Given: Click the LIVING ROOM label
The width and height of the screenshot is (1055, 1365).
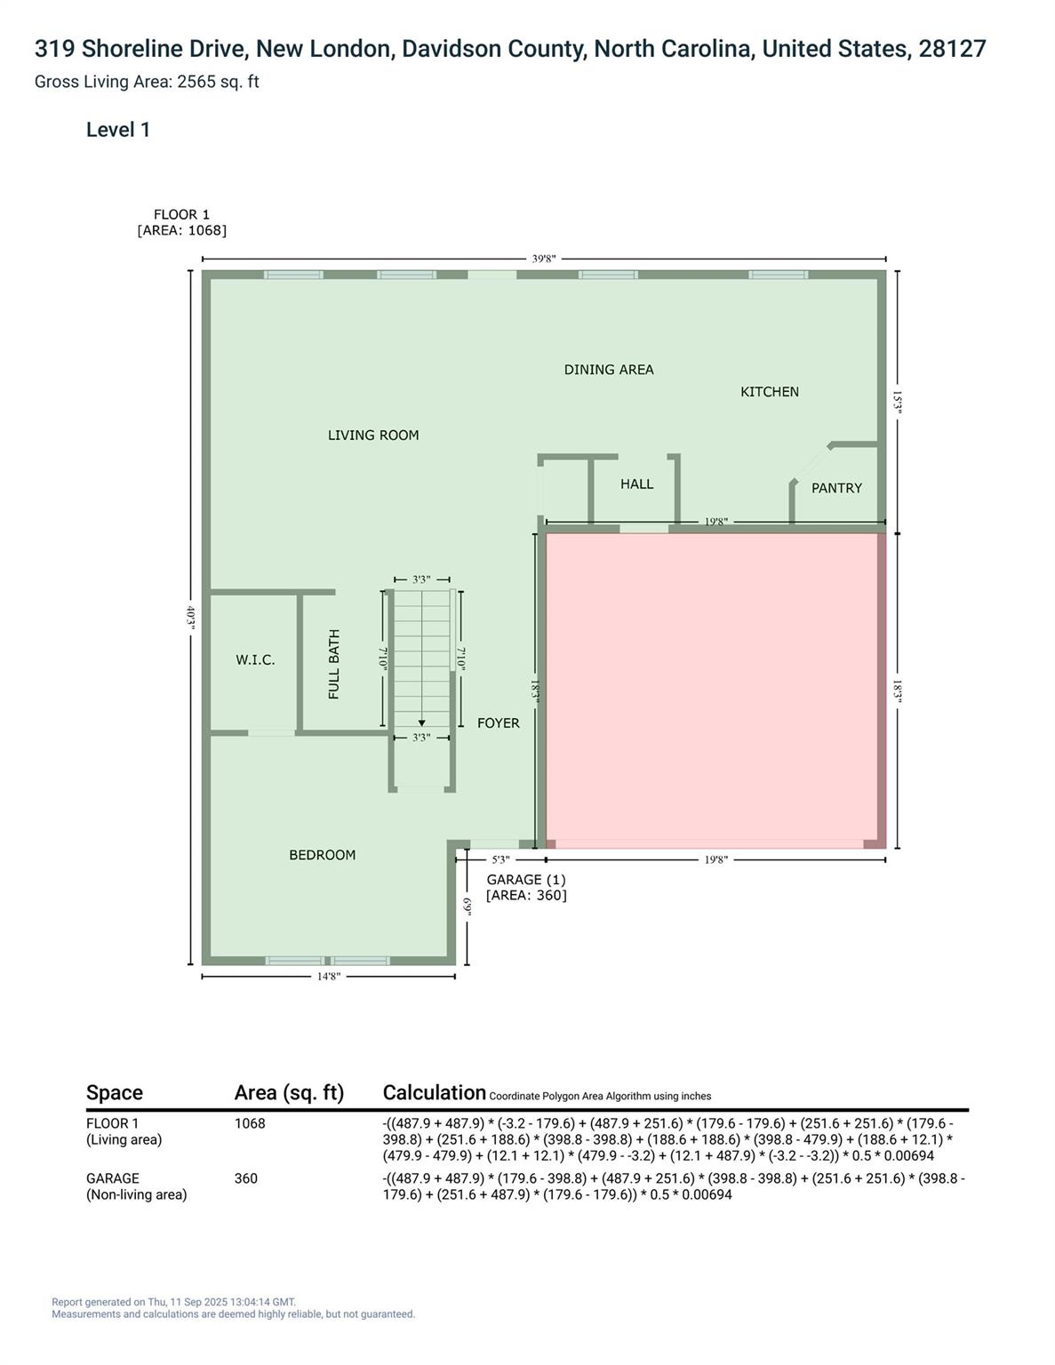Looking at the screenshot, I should coord(373,435).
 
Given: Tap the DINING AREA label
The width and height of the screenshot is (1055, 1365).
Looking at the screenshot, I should coord(609,370).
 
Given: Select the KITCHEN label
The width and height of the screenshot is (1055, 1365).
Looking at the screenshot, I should coord(770,392).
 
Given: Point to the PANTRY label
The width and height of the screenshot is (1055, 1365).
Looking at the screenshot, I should coord(836,488).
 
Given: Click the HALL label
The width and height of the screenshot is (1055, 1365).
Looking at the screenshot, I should coord(636,484).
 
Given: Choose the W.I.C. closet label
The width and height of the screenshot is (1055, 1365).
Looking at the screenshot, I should coord(255,660).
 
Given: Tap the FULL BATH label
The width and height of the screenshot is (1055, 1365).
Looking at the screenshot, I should coord(334,665).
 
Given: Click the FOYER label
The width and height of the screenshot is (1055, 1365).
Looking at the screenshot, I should coord(499,723).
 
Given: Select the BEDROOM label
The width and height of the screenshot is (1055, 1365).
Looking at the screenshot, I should coord(322,855).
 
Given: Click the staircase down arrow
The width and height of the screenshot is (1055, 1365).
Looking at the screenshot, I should coord(421,722).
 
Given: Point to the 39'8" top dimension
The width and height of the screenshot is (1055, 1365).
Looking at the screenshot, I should coord(544,259).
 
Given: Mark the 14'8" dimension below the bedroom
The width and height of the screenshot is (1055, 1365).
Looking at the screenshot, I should coord(329,977).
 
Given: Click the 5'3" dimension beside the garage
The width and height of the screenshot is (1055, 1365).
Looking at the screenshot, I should coord(500,859).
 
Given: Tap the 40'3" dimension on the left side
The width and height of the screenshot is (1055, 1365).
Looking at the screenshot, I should coord(190,617).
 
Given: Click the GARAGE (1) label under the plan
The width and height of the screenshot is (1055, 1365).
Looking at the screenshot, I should coord(526,880).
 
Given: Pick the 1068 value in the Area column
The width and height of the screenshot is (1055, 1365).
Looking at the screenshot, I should coord(250,1123).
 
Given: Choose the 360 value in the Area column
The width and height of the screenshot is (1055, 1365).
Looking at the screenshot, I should coord(245,1178).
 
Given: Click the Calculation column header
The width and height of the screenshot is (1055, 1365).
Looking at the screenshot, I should coord(434,1093).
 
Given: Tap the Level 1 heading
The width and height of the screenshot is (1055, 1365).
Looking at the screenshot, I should coord(118,130).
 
